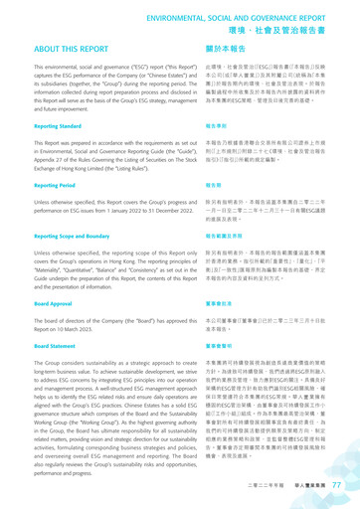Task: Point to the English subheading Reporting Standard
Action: click(42, 126)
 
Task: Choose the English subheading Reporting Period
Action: click(38, 185)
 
